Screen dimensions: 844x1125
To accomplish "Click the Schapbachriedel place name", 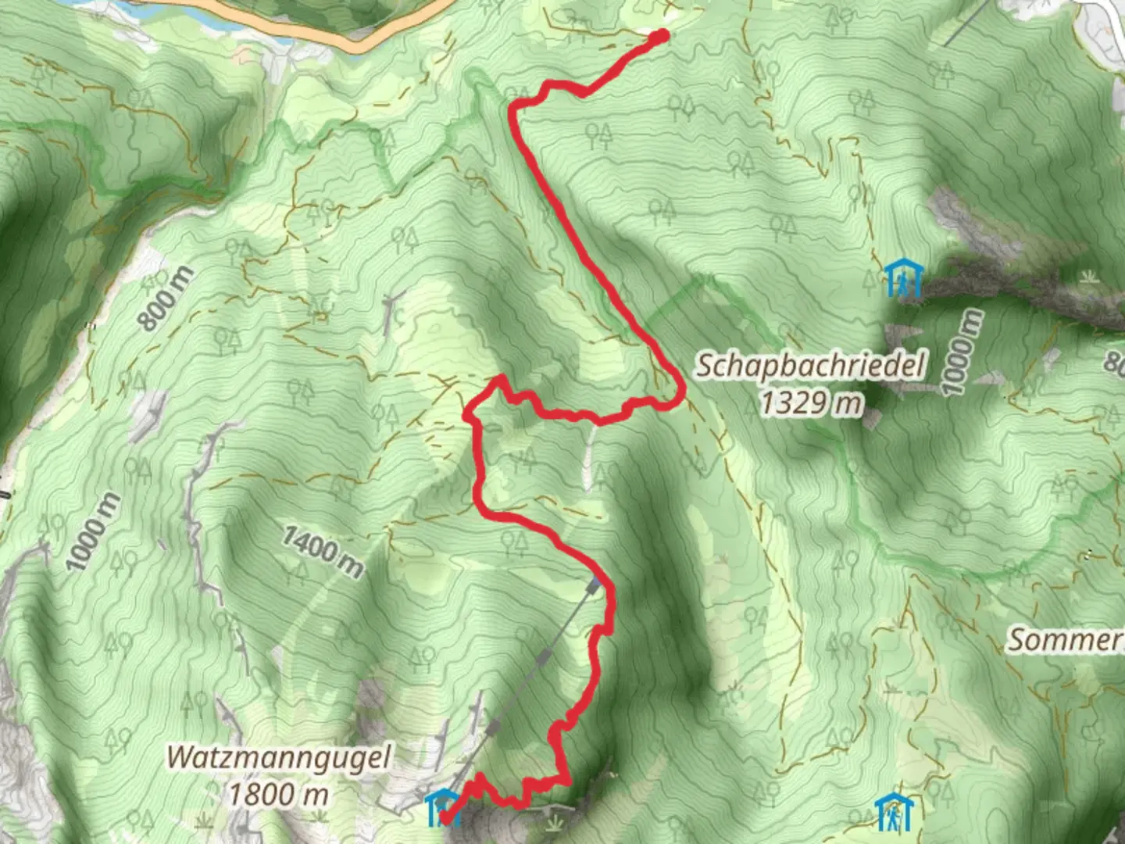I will pos(811,366).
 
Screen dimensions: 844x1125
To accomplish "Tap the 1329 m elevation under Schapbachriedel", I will pos(812,403).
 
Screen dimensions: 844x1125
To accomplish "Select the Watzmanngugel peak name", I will pos(279,757).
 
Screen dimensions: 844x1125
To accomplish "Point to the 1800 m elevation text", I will pos(279,795).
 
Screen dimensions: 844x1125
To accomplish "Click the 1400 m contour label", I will pos(323,552).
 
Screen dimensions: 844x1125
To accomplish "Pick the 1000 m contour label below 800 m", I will pos(93,531).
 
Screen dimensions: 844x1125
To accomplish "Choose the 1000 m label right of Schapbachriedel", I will pos(961,352).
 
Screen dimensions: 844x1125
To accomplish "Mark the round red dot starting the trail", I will pos(660,36).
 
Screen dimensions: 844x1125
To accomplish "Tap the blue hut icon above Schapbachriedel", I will pos(905,278).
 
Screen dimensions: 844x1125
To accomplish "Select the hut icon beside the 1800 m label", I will pos(442,807).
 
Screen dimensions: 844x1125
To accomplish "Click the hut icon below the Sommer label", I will pos(891,813).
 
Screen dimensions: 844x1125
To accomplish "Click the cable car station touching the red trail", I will pos(596,585).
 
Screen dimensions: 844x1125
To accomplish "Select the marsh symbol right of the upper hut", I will pos(1087,277).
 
